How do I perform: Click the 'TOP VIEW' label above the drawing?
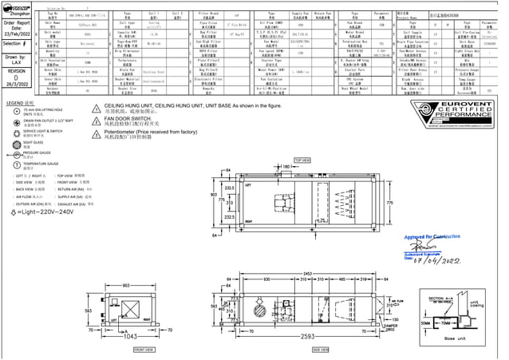302,160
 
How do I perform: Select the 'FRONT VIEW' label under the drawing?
144,349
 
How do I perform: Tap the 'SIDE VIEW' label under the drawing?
320,349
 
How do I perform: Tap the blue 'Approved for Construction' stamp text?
432,237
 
